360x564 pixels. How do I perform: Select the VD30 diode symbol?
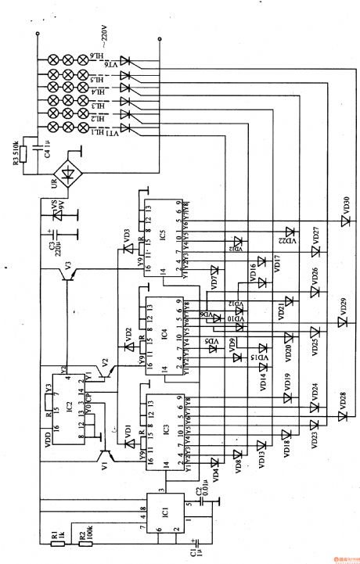click(342, 221)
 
